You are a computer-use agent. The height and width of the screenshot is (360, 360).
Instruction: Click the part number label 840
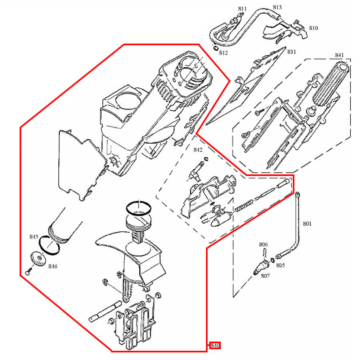215,345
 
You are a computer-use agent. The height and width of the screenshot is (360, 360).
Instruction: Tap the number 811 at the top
242,9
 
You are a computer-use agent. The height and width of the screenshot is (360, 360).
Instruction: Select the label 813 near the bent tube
277,7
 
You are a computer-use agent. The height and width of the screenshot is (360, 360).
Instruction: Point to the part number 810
313,28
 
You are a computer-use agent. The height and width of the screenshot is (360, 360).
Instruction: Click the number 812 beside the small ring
223,53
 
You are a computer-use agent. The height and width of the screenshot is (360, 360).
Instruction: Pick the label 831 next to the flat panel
291,52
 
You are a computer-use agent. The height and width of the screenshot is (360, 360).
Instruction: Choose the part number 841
339,55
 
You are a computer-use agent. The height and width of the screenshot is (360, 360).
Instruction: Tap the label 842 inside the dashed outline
198,150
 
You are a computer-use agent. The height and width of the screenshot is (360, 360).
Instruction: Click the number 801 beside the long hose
307,224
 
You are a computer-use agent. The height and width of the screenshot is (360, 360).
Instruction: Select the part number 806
263,244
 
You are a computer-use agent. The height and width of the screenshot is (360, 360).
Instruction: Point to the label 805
280,265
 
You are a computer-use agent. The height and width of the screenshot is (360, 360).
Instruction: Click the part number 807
265,276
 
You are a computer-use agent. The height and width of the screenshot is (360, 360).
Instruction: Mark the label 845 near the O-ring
34,237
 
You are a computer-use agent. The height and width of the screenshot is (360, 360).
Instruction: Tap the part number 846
53,266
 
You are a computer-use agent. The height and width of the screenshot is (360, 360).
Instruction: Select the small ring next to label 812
216,48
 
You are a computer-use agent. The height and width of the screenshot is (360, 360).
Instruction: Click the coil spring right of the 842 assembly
244,206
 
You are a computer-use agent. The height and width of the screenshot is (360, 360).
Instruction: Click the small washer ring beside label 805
272,260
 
